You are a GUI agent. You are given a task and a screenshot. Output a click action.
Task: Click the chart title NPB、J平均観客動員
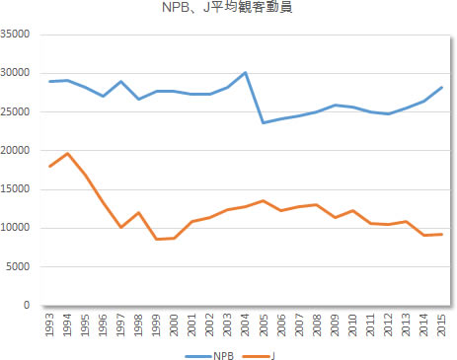coord(228,11)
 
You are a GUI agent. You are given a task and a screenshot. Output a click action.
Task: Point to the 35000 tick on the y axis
coord(19,35)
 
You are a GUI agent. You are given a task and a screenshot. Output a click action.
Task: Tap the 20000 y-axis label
coord(19,151)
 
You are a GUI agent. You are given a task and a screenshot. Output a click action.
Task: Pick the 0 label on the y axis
coord(31,306)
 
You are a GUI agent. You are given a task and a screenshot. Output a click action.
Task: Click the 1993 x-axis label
coord(51,323)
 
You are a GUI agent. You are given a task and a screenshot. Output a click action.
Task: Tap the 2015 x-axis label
coord(440,323)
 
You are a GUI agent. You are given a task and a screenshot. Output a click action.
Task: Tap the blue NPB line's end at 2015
coord(440,88)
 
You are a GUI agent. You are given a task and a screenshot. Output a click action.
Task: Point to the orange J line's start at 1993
coord(51,167)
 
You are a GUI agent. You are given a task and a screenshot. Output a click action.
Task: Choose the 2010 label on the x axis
coord(352,323)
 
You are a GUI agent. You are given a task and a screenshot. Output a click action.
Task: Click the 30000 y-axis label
coord(19,73)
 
